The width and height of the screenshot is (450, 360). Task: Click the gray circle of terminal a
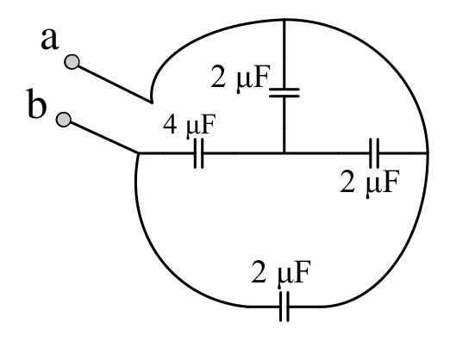coord(72,62)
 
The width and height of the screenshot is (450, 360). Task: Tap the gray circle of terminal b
coord(64,120)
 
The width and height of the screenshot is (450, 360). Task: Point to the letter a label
coord(50,39)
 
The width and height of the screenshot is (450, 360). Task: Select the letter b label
coord(36,103)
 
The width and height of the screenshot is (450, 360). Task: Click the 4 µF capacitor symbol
coord(198,153)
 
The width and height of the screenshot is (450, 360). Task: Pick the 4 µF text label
coord(189,125)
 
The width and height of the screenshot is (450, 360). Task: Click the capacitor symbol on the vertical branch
coord(284,93)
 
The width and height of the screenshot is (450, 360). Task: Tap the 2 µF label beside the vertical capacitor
coord(241,78)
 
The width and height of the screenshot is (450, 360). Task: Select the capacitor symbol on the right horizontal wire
coord(374,153)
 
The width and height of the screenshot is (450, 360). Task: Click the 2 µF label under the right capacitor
coord(370,183)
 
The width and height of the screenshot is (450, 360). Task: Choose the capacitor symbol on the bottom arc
coord(284,307)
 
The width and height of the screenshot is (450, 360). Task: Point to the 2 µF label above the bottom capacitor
coord(281,272)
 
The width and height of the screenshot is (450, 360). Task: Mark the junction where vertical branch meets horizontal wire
coord(284,153)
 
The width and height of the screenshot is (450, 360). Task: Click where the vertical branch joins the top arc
coord(284,20)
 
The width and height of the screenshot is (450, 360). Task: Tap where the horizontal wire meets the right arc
coord(428,153)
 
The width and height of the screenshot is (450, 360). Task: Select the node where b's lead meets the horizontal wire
coord(138,153)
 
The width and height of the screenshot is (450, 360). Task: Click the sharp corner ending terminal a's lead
coord(152,102)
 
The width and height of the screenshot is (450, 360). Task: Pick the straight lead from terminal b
coord(103,137)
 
